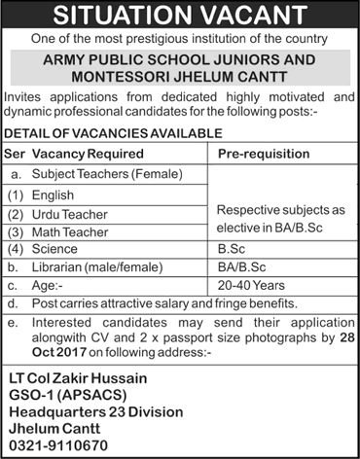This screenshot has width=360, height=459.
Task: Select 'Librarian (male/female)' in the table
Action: (90, 267)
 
